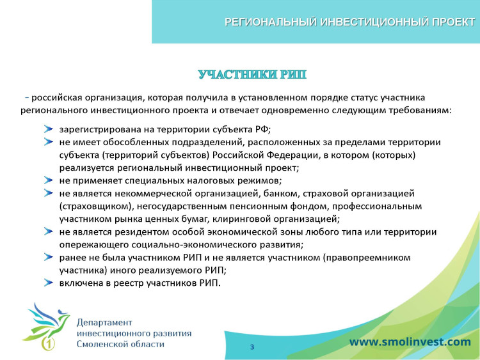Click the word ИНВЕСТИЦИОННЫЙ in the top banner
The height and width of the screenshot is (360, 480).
tap(372, 22)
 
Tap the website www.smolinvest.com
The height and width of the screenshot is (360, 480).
tap(410, 341)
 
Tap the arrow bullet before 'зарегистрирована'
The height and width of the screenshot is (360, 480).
tap(48, 129)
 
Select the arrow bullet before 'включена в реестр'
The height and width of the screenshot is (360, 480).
tap(48, 283)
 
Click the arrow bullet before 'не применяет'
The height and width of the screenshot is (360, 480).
tap(48, 180)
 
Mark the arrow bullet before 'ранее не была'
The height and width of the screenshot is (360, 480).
tap(48, 257)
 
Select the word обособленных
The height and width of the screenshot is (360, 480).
tap(130, 141)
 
